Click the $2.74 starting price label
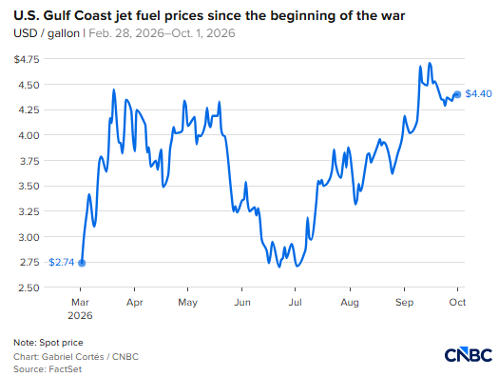(61, 262)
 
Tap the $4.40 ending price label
(478, 93)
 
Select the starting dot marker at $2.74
(82, 263)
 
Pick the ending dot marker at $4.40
(457, 94)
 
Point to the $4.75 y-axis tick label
(27, 59)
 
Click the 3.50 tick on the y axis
(29, 186)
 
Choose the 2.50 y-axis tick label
(29, 288)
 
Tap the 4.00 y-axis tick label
(29, 135)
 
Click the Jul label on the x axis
(295, 302)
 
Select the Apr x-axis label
(135, 302)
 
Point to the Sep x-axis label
(404, 302)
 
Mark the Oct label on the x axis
(457, 302)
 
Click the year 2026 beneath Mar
(80, 315)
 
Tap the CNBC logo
(469, 355)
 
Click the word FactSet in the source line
(65, 369)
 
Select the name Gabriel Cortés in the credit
(73, 357)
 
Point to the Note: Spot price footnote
(48, 343)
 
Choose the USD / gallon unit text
(47, 33)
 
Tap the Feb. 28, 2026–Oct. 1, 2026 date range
(162, 33)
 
